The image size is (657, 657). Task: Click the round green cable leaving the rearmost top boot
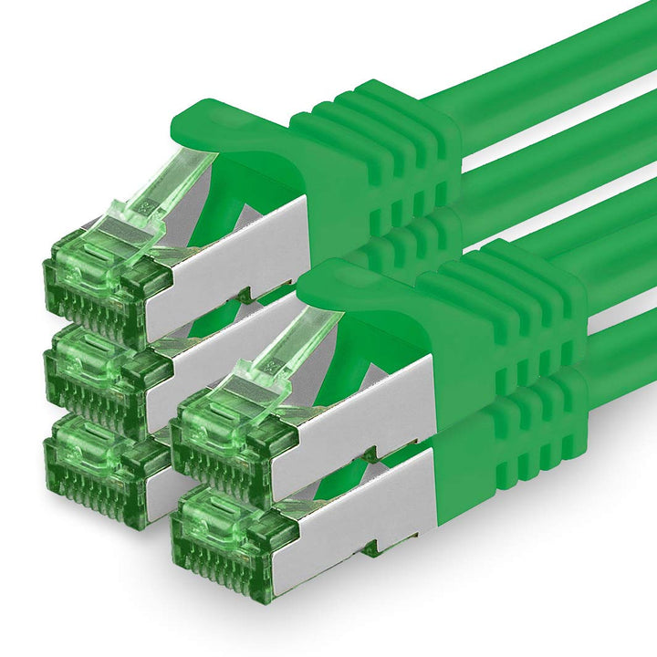pos(547,64)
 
